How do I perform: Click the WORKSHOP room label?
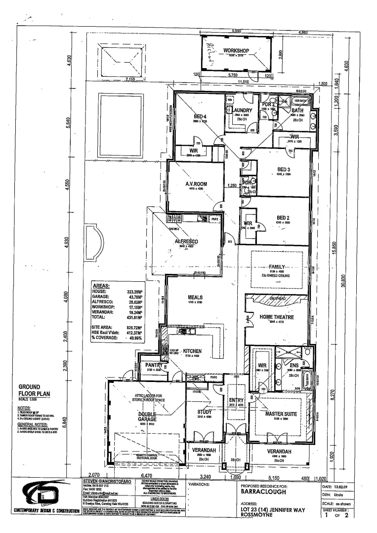[235, 51]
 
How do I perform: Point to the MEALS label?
[196, 298]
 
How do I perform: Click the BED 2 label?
[285, 217]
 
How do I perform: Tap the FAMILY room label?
[278, 266]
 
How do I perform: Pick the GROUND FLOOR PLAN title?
[32, 390]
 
